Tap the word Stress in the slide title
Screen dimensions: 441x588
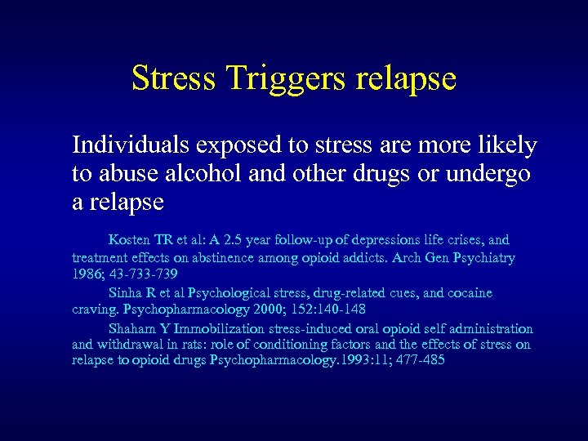173,79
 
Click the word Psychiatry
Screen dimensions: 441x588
480,257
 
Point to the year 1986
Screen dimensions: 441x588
87,275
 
